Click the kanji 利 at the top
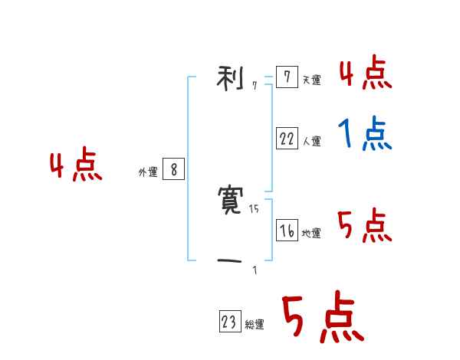[x=231, y=77]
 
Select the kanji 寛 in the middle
[x=231, y=201]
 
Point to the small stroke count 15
[x=254, y=209]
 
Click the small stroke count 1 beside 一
[x=255, y=270]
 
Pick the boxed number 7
[x=287, y=77]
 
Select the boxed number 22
[x=287, y=139]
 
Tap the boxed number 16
[x=287, y=231]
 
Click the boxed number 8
[x=173, y=170]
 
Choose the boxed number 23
[x=229, y=322]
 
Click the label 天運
[x=311, y=80]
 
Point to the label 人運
[x=311, y=142]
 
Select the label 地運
[x=311, y=234]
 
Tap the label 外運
[x=147, y=173]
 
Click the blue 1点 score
[x=365, y=135]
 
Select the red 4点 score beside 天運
[x=365, y=74]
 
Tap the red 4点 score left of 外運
[x=76, y=166]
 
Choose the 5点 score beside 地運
[x=365, y=226]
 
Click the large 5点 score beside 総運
[x=322, y=318]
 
